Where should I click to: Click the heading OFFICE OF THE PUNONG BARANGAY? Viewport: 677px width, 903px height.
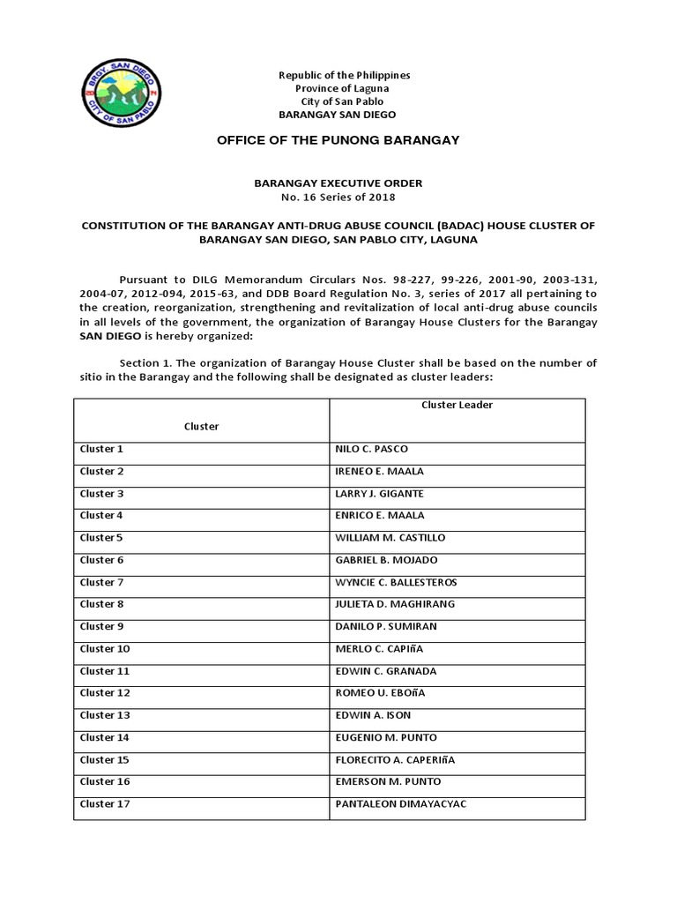click(x=338, y=141)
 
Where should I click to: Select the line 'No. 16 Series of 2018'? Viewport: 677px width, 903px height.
click(x=338, y=197)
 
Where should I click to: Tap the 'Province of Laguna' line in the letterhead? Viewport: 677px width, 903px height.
click(x=338, y=88)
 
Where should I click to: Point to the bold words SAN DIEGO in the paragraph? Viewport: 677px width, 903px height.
click(x=108, y=336)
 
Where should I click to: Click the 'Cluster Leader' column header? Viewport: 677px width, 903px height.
click(x=457, y=405)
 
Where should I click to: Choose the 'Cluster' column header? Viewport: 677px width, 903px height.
click(x=201, y=426)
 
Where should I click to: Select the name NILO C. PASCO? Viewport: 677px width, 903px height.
click(x=372, y=449)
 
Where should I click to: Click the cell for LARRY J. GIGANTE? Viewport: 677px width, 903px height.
click(x=380, y=493)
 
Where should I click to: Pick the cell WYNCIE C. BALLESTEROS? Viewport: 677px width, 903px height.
click(x=396, y=582)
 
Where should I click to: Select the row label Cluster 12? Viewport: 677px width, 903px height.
click(x=105, y=693)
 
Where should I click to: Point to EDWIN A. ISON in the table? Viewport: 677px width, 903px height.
click(x=373, y=715)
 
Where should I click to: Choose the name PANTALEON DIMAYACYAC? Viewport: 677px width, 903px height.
click(x=401, y=804)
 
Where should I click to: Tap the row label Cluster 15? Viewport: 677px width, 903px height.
click(x=105, y=759)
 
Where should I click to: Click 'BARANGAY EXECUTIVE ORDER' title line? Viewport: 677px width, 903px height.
click(x=338, y=183)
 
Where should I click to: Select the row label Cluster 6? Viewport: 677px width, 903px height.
click(x=102, y=560)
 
